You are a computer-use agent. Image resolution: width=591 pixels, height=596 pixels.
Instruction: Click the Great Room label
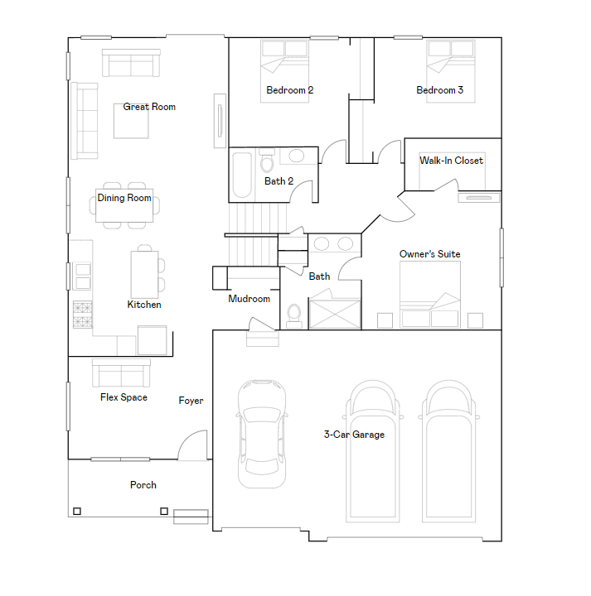149,107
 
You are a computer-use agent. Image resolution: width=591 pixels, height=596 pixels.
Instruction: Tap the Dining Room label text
124,198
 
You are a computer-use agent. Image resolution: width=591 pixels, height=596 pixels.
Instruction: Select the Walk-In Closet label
451,161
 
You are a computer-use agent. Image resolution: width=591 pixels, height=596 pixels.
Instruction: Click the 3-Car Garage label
354,434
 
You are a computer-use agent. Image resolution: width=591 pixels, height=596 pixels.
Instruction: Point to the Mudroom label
249,299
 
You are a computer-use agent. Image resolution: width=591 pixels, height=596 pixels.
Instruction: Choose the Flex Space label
124,397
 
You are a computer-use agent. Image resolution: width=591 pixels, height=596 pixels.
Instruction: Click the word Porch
143,485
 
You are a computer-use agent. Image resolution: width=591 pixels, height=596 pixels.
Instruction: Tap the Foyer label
191,401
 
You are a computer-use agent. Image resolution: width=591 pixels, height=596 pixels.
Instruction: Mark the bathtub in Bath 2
242,175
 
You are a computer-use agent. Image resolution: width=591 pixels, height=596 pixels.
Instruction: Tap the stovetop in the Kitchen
82,315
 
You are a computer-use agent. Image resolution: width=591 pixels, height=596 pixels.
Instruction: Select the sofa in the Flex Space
121,373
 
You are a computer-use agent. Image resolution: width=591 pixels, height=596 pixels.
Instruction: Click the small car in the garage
262,433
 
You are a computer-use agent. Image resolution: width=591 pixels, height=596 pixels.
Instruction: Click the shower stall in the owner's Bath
335,313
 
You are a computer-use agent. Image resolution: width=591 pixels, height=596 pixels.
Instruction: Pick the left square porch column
77,512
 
